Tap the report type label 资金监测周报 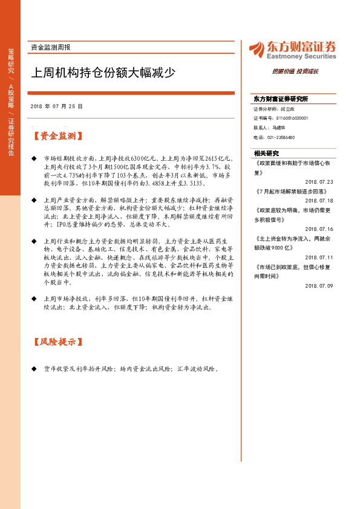click(x=50, y=47)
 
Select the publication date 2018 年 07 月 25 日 click(x=56, y=106)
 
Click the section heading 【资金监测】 click(x=59, y=136)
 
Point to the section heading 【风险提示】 click(x=59, y=342)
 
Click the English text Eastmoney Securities click(x=301, y=56)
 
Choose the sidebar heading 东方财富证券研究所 click(x=281, y=99)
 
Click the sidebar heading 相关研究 click(x=266, y=153)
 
